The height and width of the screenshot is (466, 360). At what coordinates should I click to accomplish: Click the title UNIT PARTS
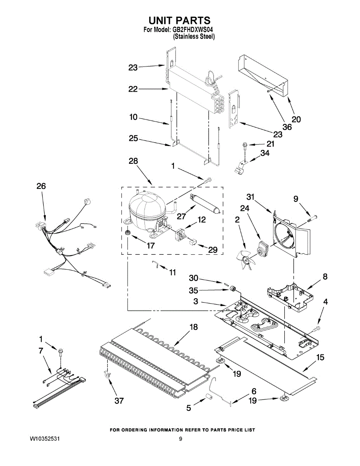pyautogui.click(x=179, y=20)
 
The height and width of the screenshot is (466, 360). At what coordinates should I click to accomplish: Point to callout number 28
pyautogui.click(x=133, y=161)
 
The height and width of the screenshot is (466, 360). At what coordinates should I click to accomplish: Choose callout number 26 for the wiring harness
pyautogui.click(x=41, y=186)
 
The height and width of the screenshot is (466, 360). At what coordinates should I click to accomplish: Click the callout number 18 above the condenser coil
pyautogui.click(x=193, y=327)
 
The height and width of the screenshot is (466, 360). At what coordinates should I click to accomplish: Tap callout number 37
pyautogui.click(x=119, y=400)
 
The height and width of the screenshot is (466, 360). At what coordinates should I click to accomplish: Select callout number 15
pyautogui.click(x=320, y=357)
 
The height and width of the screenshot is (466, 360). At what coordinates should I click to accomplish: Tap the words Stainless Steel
pyautogui.click(x=194, y=37)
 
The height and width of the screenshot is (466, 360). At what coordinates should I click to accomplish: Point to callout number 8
pyautogui.click(x=325, y=276)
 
